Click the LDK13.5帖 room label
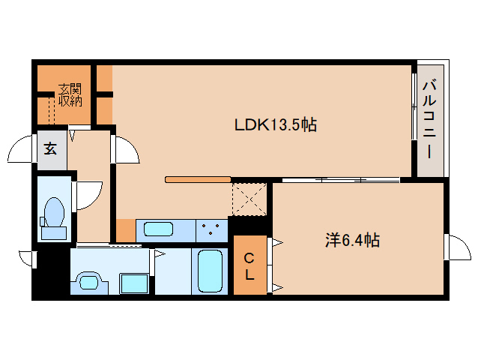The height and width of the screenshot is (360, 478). (x=276, y=124)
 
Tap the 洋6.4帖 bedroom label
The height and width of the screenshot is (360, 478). (x=352, y=240)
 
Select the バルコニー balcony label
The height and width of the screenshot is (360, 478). (x=429, y=120)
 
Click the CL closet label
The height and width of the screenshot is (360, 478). (x=249, y=267)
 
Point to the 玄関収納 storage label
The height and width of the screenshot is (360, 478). (x=70, y=95)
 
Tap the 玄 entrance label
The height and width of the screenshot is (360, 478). (x=51, y=148)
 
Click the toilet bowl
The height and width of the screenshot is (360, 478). (x=54, y=211)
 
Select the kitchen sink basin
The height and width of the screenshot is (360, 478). (x=159, y=229)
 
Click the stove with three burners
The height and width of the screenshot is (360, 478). (x=211, y=230)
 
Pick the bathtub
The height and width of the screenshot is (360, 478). (x=210, y=271)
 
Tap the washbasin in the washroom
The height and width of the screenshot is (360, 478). (x=90, y=281)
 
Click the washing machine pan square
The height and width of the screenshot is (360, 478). (x=134, y=283)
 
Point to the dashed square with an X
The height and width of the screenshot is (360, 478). (x=249, y=199)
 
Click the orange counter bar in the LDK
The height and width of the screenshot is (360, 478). (x=198, y=179)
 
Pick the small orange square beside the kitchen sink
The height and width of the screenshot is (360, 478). (x=126, y=230)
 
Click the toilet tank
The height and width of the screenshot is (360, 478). (x=54, y=232)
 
